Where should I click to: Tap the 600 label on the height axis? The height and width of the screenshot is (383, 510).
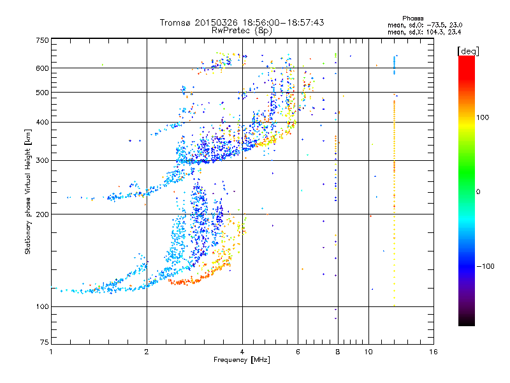tap(42, 68)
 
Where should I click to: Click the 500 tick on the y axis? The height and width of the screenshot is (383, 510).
tap(42, 93)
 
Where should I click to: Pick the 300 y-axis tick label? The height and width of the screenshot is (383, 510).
tap(42, 160)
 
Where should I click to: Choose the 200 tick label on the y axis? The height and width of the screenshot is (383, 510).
tap(42, 214)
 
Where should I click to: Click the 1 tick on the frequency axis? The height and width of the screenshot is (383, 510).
tap(51, 352)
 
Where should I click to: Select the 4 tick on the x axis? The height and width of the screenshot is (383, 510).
tap(242, 352)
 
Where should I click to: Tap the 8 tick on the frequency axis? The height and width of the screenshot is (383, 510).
tap(338, 352)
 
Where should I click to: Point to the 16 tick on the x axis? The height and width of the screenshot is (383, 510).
tap(433, 352)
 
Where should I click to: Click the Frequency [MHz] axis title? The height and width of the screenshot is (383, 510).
tap(242, 360)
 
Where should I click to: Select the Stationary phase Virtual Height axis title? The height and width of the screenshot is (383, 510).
tap(28, 191)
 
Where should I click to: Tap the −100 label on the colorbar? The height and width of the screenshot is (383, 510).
tap(486, 266)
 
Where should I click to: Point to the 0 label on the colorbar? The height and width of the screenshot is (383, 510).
tap(479, 191)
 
